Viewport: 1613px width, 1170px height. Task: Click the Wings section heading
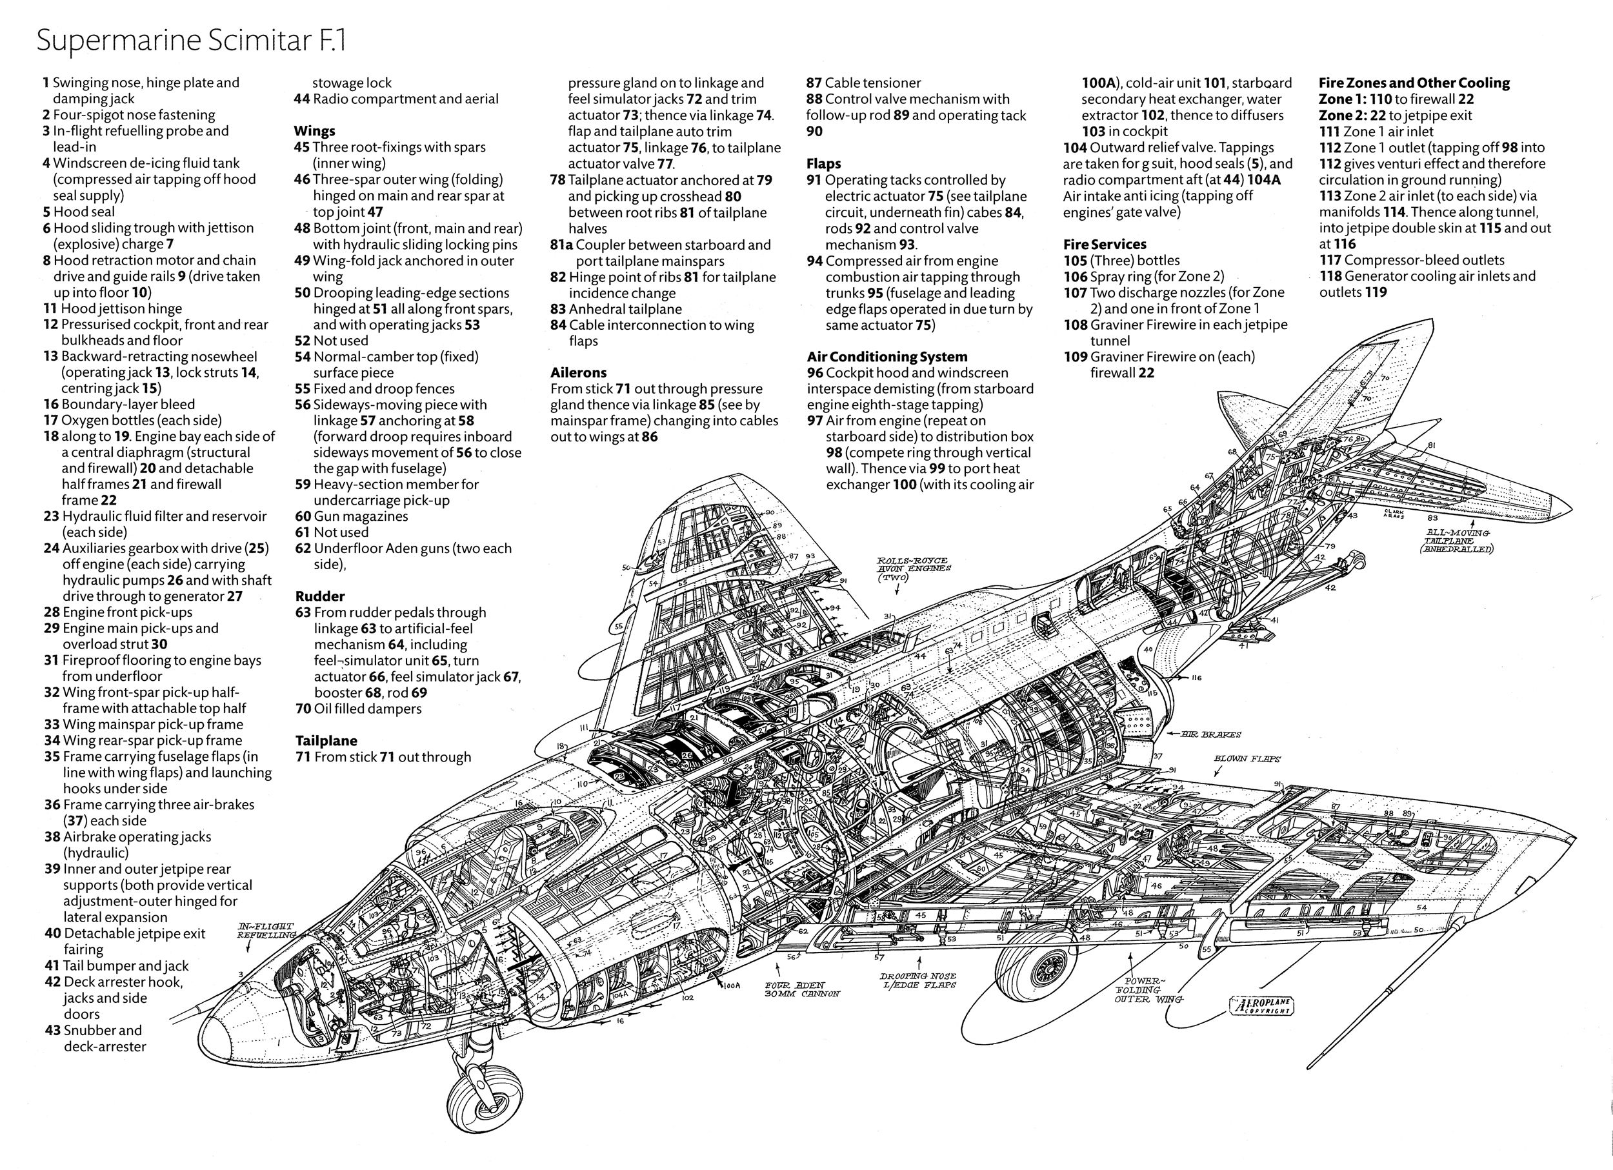314,131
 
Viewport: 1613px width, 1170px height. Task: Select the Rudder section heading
320,596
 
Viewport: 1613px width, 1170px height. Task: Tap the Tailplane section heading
326,740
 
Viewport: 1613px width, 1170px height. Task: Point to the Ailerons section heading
578,372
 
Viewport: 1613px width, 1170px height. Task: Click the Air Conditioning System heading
887,356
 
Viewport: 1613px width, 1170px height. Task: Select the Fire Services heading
1105,244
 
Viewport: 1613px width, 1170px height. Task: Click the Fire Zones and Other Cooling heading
1414,83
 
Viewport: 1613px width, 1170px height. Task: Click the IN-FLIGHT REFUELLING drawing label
266,931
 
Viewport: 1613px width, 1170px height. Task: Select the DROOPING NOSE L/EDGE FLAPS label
917,980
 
